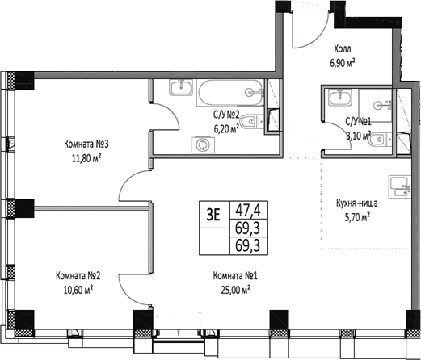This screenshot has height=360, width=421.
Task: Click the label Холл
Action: tap(343, 48)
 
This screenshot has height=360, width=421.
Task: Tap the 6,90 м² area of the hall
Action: tap(343, 61)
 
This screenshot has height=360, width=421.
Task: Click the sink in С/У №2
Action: tap(179, 90)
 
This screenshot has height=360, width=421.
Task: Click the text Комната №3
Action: tap(87, 144)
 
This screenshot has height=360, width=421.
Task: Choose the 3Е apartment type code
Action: tap(214, 214)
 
